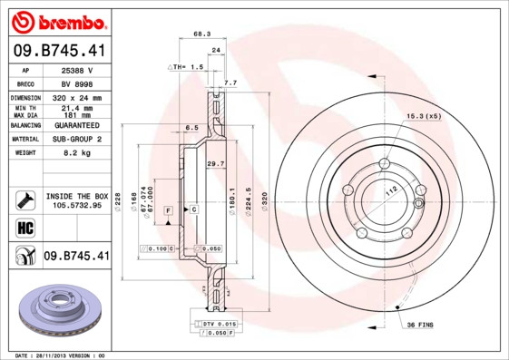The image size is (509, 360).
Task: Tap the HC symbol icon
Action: (24, 227)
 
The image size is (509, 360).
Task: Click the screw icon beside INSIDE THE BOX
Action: (24, 199)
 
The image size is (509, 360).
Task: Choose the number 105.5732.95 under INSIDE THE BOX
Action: (77, 206)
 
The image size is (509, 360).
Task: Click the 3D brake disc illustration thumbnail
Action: (56, 310)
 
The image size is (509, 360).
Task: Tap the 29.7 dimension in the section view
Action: (216, 163)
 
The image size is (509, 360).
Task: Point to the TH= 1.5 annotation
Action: (186, 67)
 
